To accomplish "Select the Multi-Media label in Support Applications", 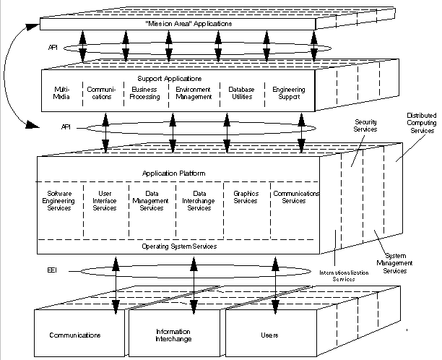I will pyautogui.click(x=62, y=93).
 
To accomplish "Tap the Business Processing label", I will pyautogui.click(x=146, y=93).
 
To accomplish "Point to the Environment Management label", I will pyautogui.click(x=194, y=93).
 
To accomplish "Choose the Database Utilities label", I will pyautogui.click(x=242, y=93).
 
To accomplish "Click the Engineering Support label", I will pyautogui.click(x=289, y=93).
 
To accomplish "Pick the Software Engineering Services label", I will pyautogui.click(x=59, y=200).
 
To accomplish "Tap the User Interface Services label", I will pyautogui.click(x=105, y=200).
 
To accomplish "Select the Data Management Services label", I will pyautogui.click(x=152, y=200).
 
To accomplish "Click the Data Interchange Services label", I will pyautogui.click(x=197, y=200).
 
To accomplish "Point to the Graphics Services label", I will pyautogui.click(x=246, y=197).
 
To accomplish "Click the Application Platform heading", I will pyautogui.click(x=176, y=173).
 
